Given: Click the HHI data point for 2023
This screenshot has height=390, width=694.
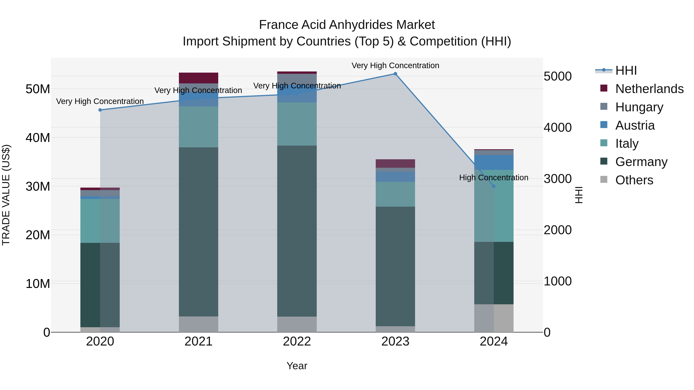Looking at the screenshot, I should [395, 74].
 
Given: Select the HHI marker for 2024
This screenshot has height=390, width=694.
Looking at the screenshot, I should [494, 186].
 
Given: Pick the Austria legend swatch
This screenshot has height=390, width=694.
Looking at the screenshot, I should [604, 125].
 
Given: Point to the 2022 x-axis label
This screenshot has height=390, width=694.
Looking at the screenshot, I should [297, 341].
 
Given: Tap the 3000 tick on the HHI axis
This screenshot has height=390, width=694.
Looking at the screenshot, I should [557, 179].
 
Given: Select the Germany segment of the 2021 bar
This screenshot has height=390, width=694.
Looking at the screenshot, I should [199, 231].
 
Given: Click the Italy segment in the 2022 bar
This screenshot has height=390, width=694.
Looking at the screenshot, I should [297, 124].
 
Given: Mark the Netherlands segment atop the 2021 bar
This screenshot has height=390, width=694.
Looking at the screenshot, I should [199, 78].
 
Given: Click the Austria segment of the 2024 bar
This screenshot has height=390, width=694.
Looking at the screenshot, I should [494, 162].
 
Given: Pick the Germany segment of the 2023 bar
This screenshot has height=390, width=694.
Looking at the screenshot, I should [395, 267].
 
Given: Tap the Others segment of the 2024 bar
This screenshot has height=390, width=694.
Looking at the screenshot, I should [494, 318].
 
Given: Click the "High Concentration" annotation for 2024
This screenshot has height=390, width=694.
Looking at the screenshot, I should [494, 178].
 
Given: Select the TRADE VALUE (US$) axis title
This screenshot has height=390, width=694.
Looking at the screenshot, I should [6, 195].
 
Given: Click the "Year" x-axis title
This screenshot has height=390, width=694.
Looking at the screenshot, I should [297, 366].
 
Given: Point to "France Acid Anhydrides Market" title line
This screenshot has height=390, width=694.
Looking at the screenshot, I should [347, 25].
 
